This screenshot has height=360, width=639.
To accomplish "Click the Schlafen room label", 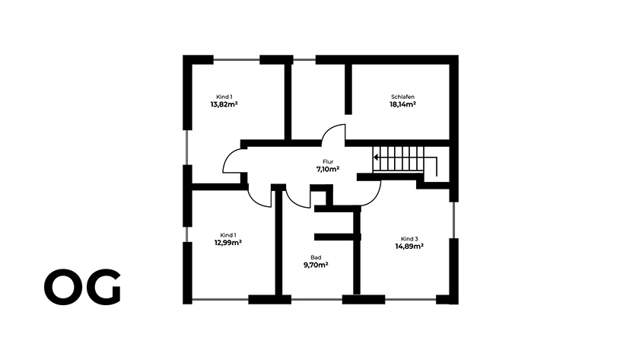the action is click(x=402, y=97).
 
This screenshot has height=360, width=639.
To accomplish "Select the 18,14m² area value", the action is click(x=402, y=104).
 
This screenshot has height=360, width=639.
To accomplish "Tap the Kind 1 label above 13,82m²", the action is click(x=224, y=97).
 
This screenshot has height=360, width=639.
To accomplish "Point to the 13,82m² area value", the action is click(x=224, y=104).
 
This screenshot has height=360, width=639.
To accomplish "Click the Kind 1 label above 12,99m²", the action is click(x=228, y=235).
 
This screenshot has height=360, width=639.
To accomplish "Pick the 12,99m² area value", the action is click(x=228, y=243).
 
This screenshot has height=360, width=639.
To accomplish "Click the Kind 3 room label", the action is click(x=409, y=239).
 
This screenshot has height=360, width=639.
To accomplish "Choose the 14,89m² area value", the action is click(x=409, y=247).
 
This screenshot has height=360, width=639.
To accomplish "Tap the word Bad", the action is click(x=316, y=258).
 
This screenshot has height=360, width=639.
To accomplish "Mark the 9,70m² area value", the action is click(x=316, y=265).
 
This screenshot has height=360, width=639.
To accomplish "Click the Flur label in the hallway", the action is click(x=328, y=162).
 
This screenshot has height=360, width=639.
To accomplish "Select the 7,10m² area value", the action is click(x=328, y=169).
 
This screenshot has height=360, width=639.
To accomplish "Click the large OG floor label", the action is click(x=83, y=287).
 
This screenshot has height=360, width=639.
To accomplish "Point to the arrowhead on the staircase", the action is click(x=376, y=157).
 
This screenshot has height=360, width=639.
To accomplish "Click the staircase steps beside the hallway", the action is click(x=399, y=159).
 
